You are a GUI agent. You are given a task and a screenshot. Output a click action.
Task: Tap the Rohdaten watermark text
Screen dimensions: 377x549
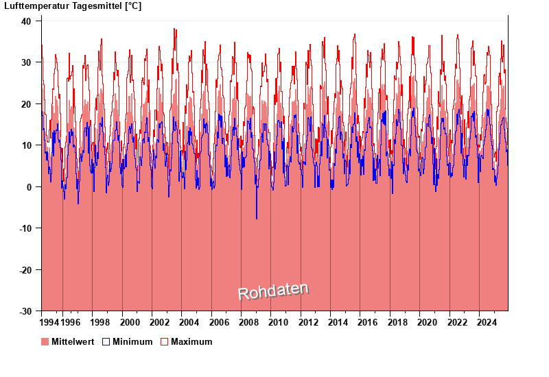click(273, 291)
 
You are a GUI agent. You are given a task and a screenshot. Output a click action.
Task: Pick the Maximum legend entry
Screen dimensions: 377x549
click(191, 341)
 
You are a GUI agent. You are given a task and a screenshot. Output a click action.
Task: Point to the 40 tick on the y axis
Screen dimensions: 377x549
click(26, 21)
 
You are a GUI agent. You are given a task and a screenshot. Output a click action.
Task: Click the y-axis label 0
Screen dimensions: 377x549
click(29, 186)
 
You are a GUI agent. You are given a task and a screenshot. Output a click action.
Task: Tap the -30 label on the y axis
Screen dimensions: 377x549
click(25, 311)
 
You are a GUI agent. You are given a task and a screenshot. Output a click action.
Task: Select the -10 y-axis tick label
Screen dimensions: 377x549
click(25, 228)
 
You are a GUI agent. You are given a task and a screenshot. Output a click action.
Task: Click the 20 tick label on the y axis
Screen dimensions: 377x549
click(26, 104)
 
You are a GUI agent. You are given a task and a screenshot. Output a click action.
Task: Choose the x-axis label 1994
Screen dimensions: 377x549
click(49, 322)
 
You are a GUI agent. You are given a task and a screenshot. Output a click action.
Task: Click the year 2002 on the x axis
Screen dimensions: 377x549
click(160, 322)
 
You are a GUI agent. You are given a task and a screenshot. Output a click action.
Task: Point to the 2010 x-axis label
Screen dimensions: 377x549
click(279, 322)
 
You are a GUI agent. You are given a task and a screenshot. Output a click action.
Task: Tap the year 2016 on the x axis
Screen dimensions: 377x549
click(368, 322)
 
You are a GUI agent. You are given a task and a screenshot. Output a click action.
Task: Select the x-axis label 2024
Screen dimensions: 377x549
click(487, 322)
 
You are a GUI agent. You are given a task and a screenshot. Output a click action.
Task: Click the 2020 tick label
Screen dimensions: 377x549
click(427, 322)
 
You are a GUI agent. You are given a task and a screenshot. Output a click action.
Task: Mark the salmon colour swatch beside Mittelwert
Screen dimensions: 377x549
click(45, 341)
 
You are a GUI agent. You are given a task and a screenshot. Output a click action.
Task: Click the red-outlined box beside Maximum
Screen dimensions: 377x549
click(164, 341)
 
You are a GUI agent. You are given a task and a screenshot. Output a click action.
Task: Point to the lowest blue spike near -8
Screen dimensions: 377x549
click(257, 219)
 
